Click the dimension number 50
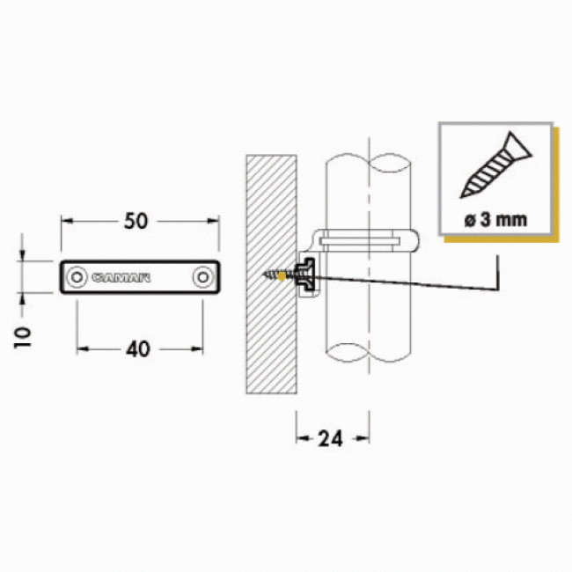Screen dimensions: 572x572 136,221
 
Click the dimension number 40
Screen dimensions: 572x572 138,349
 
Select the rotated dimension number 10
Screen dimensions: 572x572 23,338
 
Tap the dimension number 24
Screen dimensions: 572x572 330,438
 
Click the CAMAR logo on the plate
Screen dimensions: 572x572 121,277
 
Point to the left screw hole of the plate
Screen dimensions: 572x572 77,277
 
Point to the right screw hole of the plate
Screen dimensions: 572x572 202,277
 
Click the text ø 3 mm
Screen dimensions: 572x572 495,220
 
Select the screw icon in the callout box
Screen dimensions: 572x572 495,165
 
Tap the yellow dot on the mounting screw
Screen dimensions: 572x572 282,276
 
